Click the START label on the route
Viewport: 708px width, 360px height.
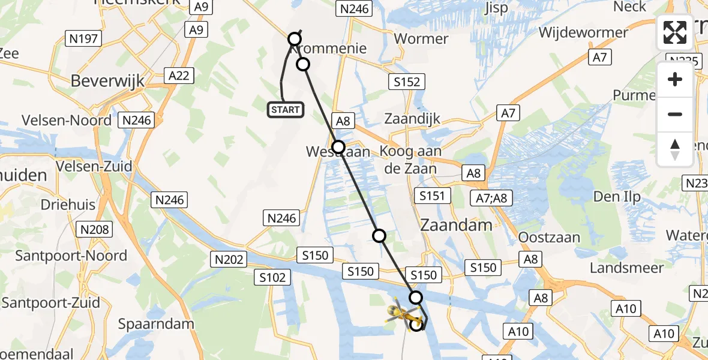coord(285,109)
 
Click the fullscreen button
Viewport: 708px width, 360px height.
coord(675,32)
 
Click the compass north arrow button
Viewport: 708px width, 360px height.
coord(675,149)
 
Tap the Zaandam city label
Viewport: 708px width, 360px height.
coord(456,225)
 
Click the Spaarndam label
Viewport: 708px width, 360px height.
coord(156,324)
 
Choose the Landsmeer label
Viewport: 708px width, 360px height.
coord(626,268)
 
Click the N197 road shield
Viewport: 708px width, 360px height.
coord(84,39)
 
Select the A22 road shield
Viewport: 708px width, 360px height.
coord(179,75)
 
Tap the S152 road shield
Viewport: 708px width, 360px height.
coord(406,82)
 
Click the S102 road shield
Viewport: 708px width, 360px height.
coord(272,277)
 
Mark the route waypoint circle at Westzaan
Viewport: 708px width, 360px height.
coord(338,146)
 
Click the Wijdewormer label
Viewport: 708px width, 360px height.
coord(583,32)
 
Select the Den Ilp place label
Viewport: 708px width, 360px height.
coord(616,196)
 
